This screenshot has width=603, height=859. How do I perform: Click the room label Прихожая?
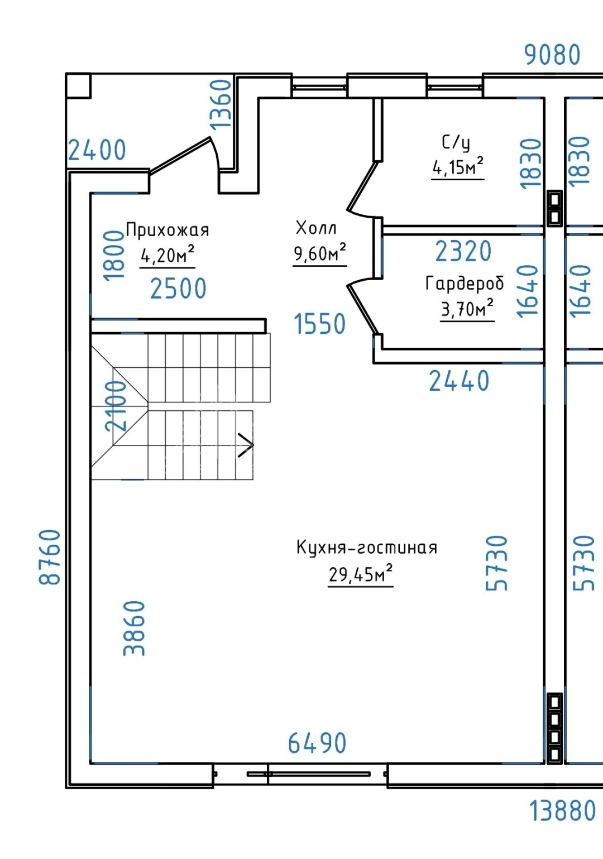coord(167,230)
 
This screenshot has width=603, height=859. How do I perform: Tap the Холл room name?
coord(316,228)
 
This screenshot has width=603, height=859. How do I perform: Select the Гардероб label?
coord(465,284)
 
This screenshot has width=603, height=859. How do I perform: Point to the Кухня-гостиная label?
coord(367,548)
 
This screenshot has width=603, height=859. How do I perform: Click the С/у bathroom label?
coord(456,142)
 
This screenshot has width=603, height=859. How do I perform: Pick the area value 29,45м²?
coord(361,573)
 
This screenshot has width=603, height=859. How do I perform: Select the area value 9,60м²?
coord(320,252)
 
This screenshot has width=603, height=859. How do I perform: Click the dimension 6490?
coord(317,742)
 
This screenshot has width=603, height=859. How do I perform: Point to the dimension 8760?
coord(50,557)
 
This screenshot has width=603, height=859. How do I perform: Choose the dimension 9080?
coord(552,55)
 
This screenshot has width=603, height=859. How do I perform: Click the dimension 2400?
coord(97,150)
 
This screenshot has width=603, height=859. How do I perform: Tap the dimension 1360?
coord(221,104)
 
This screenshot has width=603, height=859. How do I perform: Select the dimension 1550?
coord(320,324)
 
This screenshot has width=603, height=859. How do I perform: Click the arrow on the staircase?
coord(246,445)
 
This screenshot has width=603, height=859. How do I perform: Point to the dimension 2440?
coord(459,381)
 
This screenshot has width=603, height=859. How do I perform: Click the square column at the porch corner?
coord(78,85)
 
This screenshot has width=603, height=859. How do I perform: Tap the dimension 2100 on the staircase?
coord(116,406)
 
